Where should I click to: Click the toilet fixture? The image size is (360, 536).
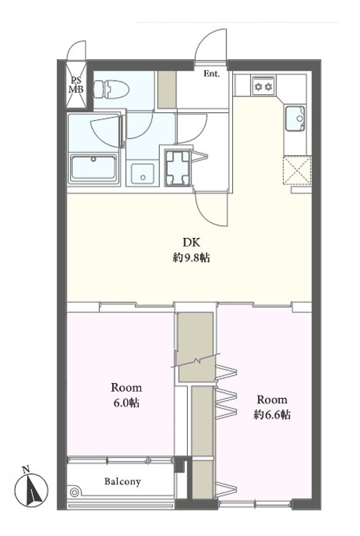pos(111,89)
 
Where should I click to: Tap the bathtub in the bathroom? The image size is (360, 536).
pos(94,169)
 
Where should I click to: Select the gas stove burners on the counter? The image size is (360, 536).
pos(263,86)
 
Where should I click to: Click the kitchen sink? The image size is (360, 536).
pos(295,119)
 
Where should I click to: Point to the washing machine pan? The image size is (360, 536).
pos(177,168)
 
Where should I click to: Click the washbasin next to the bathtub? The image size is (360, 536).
pos(142,174)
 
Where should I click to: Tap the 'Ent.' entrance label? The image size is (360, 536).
pos(211,74)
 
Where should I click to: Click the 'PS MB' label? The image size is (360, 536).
pos(76,86)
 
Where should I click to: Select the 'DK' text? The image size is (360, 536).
pos(191,243)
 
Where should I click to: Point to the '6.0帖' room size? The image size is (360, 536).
pos(126,403)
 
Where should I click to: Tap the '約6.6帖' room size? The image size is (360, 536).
pos(272,415)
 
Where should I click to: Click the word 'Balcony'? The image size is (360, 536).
pos(123,482)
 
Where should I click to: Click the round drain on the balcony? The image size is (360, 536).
pos(74,492)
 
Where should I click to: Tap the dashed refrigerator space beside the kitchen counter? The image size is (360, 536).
pos(297,171)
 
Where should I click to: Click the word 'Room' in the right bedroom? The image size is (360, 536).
pos(272,399)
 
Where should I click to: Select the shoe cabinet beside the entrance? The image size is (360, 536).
pos(166,90)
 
